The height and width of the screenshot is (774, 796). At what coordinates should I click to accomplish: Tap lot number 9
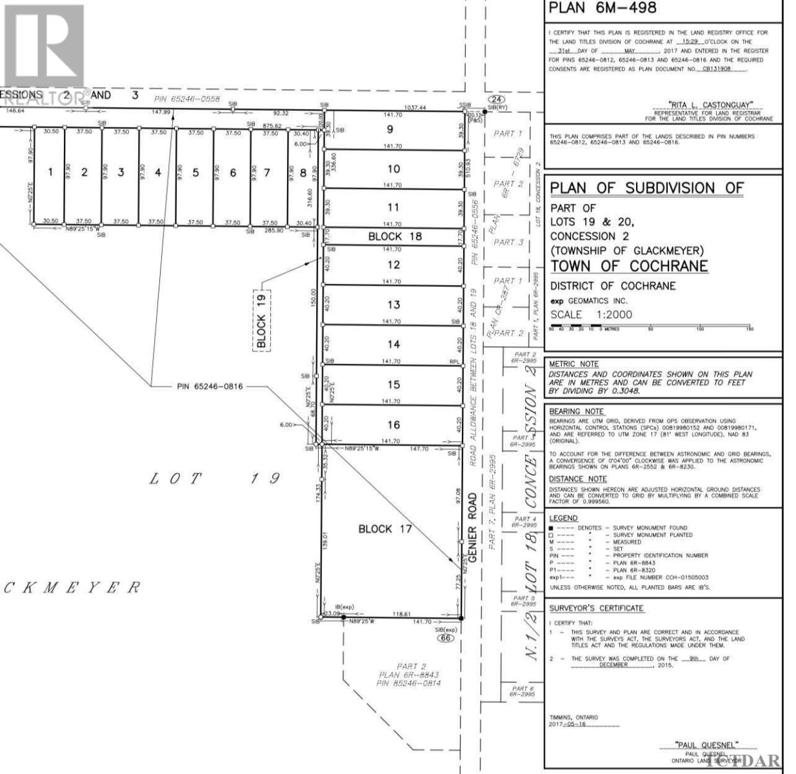point(390,129)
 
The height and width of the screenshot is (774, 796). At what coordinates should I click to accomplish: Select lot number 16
point(393,424)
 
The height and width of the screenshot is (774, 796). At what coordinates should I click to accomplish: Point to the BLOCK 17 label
point(385,529)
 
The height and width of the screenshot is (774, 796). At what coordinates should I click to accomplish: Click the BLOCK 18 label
point(395,237)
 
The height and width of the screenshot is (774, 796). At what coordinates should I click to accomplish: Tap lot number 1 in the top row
point(50,172)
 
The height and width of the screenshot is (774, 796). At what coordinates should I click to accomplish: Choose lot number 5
point(195,172)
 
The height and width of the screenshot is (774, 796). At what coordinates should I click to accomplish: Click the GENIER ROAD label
point(473,528)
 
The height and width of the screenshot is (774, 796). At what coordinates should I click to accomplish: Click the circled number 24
point(495,99)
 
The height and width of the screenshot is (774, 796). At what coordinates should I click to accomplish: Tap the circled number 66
point(444,638)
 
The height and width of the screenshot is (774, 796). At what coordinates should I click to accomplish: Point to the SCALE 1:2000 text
point(591,315)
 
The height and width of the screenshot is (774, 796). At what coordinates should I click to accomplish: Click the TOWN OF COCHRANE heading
point(629,266)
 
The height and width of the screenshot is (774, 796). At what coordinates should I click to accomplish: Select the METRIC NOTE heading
point(573,364)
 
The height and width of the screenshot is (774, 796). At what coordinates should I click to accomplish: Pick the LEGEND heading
point(563,518)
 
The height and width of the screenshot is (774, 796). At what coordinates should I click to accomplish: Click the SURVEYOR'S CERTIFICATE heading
point(596,608)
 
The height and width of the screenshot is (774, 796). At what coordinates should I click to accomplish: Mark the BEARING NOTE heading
point(576,412)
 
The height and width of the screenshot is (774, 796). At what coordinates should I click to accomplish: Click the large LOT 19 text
point(215,479)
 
